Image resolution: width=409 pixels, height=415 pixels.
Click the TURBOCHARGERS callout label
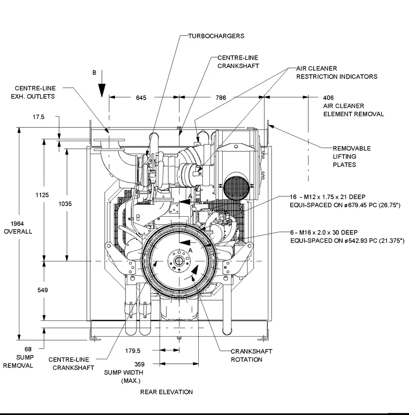(x=216, y=36)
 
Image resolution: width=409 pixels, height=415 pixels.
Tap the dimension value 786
(x=221, y=97)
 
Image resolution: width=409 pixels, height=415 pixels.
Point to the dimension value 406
(x=328, y=98)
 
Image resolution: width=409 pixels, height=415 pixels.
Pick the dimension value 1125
(x=42, y=195)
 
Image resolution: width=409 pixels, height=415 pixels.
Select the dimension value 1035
(x=66, y=203)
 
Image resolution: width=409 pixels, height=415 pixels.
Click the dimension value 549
(x=42, y=290)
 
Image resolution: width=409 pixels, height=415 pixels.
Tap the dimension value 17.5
(x=39, y=117)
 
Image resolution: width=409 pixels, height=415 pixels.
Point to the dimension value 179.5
(x=133, y=351)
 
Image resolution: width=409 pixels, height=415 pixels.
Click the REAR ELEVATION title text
(x=166, y=392)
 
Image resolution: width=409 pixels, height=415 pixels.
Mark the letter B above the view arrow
(x=95, y=73)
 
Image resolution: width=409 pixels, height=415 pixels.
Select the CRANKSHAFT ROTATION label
(x=251, y=355)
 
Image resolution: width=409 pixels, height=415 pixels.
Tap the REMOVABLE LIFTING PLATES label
(x=352, y=156)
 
